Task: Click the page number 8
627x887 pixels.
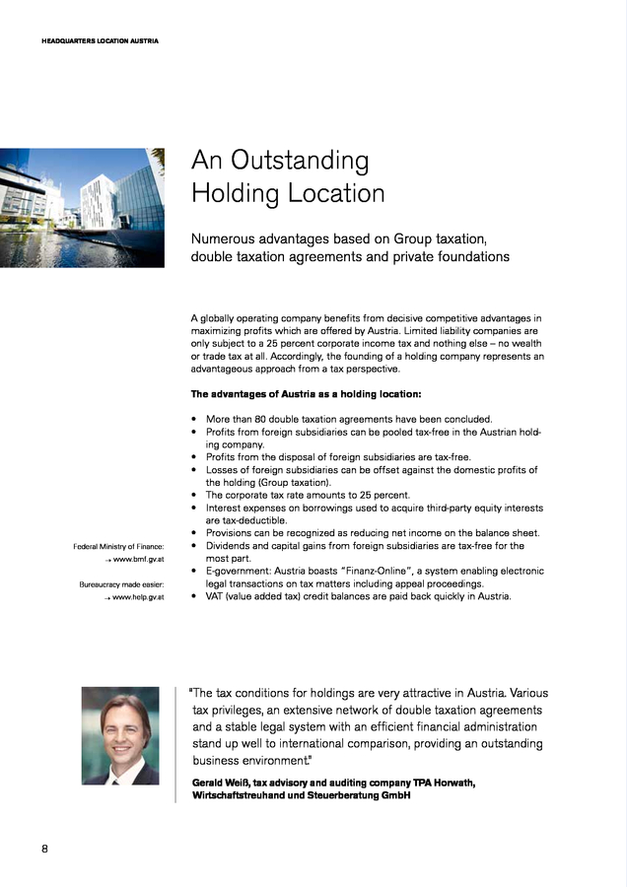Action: [x=45, y=850]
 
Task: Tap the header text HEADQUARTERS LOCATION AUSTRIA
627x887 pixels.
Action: [x=101, y=40]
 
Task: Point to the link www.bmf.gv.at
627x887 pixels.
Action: [x=138, y=560]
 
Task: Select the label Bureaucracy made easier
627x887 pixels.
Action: [x=121, y=583]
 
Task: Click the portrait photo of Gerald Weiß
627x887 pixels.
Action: [x=120, y=735]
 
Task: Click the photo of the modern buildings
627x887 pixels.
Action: [x=82, y=207]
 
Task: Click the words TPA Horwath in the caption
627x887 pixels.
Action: [x=439, y=782]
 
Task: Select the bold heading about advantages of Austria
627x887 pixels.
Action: [x=306, y=394]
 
